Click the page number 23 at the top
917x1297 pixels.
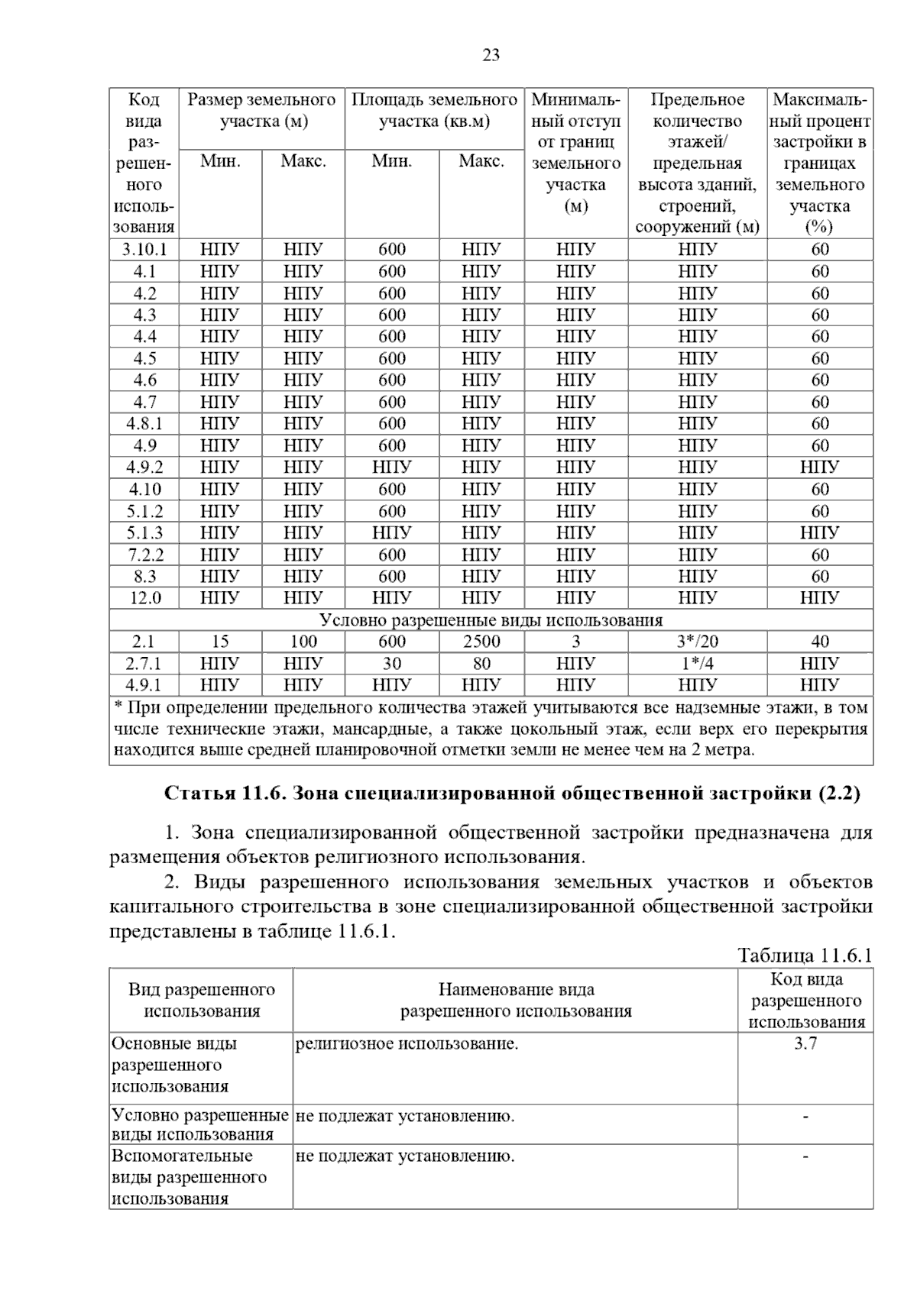click(x=491, y=55)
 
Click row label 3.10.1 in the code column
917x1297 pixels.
click(x=144, y=250)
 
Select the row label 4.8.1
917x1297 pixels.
click(x=144, y=424)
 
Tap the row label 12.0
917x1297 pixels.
click(x=144, y=598)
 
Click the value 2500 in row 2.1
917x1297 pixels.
click(x=481, y=642)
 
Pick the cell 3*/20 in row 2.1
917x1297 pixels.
click(x=697, y=642)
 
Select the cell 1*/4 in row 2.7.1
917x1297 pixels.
click(x=697, y=663)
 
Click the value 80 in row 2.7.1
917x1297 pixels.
click(x=481, y=663)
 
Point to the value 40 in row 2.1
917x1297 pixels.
click(x=820, y=642)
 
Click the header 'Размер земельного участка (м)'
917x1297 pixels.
click(x=262, y=111)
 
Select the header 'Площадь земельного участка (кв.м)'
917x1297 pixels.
click(x=434, y=111)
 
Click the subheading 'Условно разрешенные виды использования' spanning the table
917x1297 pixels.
click(x=491, y=620)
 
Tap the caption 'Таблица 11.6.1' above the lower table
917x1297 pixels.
click(x=805, y=955)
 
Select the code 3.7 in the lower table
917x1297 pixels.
click(x=805, y=1044)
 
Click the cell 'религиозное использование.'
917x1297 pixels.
click(x=407, y=1044)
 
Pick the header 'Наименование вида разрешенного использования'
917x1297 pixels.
click(x=516, y=1001)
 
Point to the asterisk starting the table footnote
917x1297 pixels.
click(x=118, y=708)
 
